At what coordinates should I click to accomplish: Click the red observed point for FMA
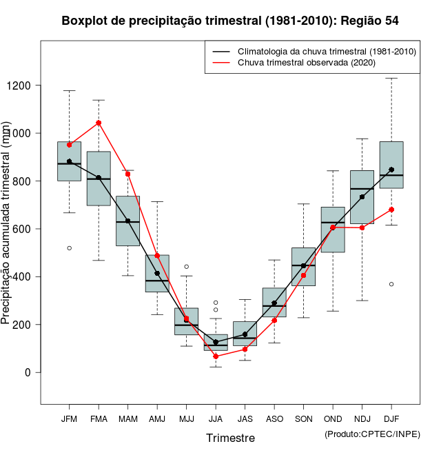click(x=99, y=123)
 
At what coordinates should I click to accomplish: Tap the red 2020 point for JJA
click(x=216, y=356)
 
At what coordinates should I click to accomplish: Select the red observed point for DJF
click(x=391, y=210)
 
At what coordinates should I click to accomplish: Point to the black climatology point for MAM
click(x=127, y=221)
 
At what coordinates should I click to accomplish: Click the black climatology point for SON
click(x=303, y=265)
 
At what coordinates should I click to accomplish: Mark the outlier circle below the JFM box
click(x=69, y=247)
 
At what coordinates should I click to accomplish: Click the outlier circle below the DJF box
click(x=391, y=284)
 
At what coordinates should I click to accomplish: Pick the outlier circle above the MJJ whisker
click(x=186, y=266)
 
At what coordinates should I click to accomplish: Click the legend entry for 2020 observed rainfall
click(x=306, y=63)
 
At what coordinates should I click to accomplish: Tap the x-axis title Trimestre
click(x=230, y=438)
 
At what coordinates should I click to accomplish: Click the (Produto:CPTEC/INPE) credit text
click(x=372, y=434)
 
